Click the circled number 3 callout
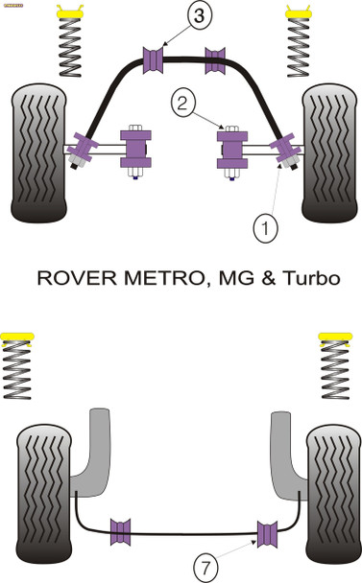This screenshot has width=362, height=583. [171, 15]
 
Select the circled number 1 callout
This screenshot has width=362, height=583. [264, 227]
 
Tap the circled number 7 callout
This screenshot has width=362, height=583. [205, 567]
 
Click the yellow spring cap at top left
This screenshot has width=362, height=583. [68, 13]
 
